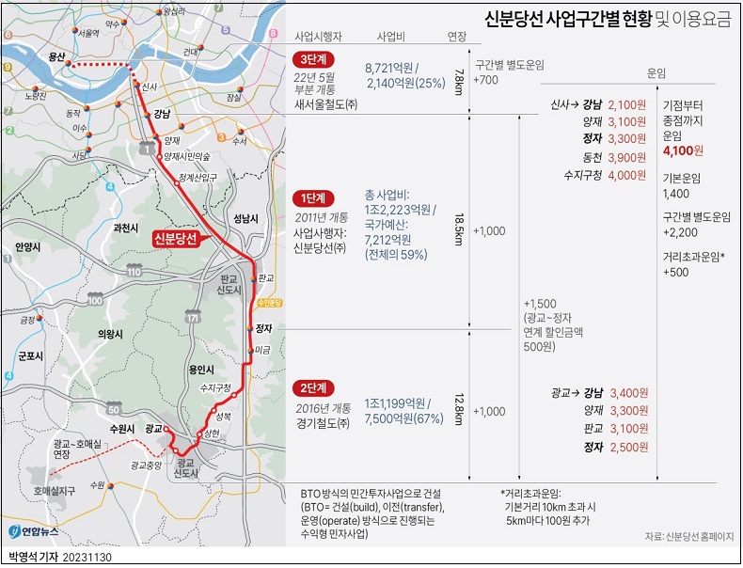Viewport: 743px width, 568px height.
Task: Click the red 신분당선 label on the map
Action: tap(176, 239)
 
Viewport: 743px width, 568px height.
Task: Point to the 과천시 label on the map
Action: tap(125, 228)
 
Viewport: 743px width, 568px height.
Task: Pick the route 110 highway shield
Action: tap(134, 272)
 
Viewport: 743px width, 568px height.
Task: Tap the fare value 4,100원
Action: tap(683, 150)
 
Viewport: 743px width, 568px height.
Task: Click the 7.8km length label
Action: tap(458, 74)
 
